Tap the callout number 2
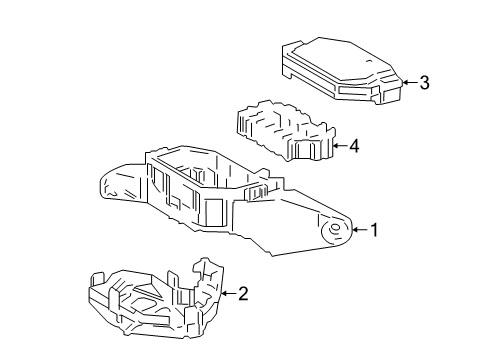tap(242, 293)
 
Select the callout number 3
tap(424, 83)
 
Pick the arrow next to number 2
tap(227, 293)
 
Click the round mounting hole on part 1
tap(335, 231)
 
